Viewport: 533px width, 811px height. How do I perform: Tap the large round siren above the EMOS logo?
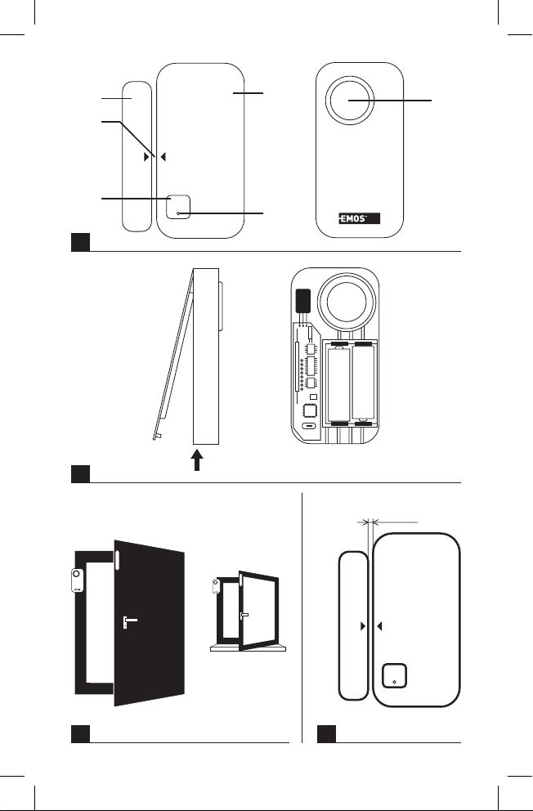(355, 104)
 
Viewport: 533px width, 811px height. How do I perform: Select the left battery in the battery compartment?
(339, 384)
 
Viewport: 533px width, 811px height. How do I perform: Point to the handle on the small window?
(244, 614)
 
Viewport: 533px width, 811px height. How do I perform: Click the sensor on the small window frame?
(215, 587)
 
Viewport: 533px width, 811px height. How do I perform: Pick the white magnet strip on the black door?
(118, 560)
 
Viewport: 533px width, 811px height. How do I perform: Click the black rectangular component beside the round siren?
(302, 302)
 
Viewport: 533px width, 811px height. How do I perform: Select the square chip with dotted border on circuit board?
(311, 410)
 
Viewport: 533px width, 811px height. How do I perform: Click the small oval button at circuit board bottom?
(310, 427)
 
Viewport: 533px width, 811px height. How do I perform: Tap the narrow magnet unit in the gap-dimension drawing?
(352, 625)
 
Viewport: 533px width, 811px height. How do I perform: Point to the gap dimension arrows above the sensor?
(371, 520)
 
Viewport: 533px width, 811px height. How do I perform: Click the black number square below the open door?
(78, 733)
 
